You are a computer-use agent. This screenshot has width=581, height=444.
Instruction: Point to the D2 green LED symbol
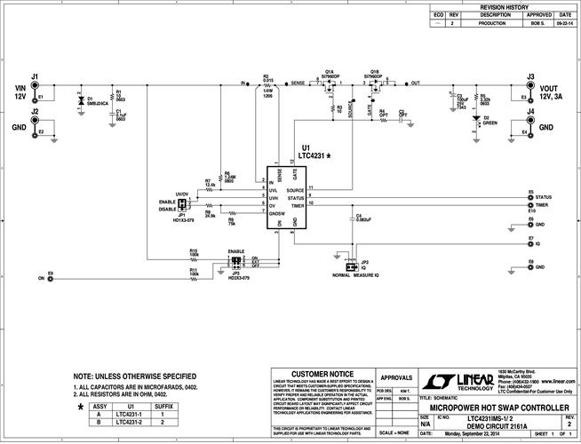[476, 117]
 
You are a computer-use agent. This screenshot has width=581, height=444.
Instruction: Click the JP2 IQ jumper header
[350, 265]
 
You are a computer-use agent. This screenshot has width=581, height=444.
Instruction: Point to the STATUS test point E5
[531, 197]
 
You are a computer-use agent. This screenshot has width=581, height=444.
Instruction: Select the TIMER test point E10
[531, 205]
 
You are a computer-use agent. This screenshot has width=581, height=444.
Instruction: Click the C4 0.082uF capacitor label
[364, 218]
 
